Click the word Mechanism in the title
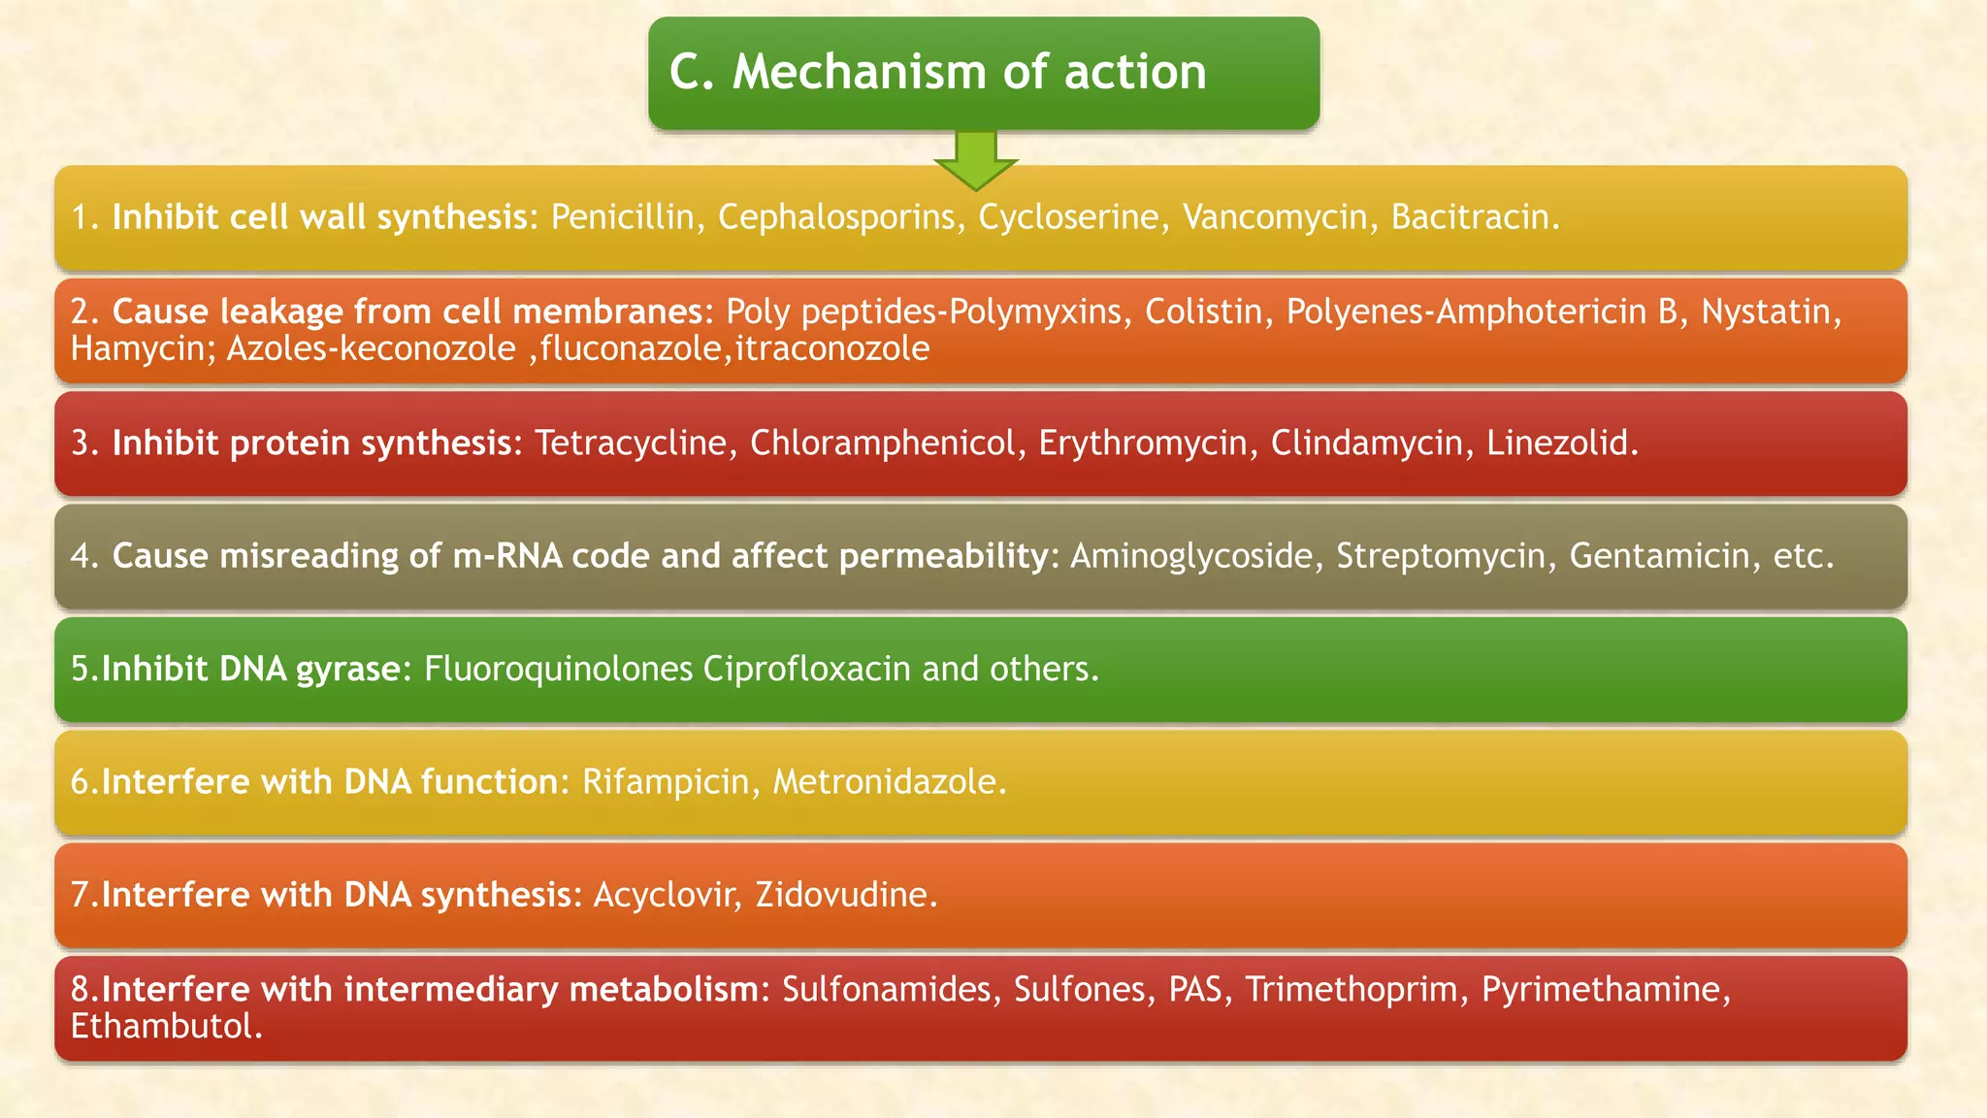859,72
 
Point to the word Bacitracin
1474,216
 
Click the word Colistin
1203,312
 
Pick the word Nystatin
1769,312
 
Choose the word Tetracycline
630,443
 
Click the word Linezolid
1561,443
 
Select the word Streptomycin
1440,555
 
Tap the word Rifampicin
666,781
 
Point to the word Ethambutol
165,1026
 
